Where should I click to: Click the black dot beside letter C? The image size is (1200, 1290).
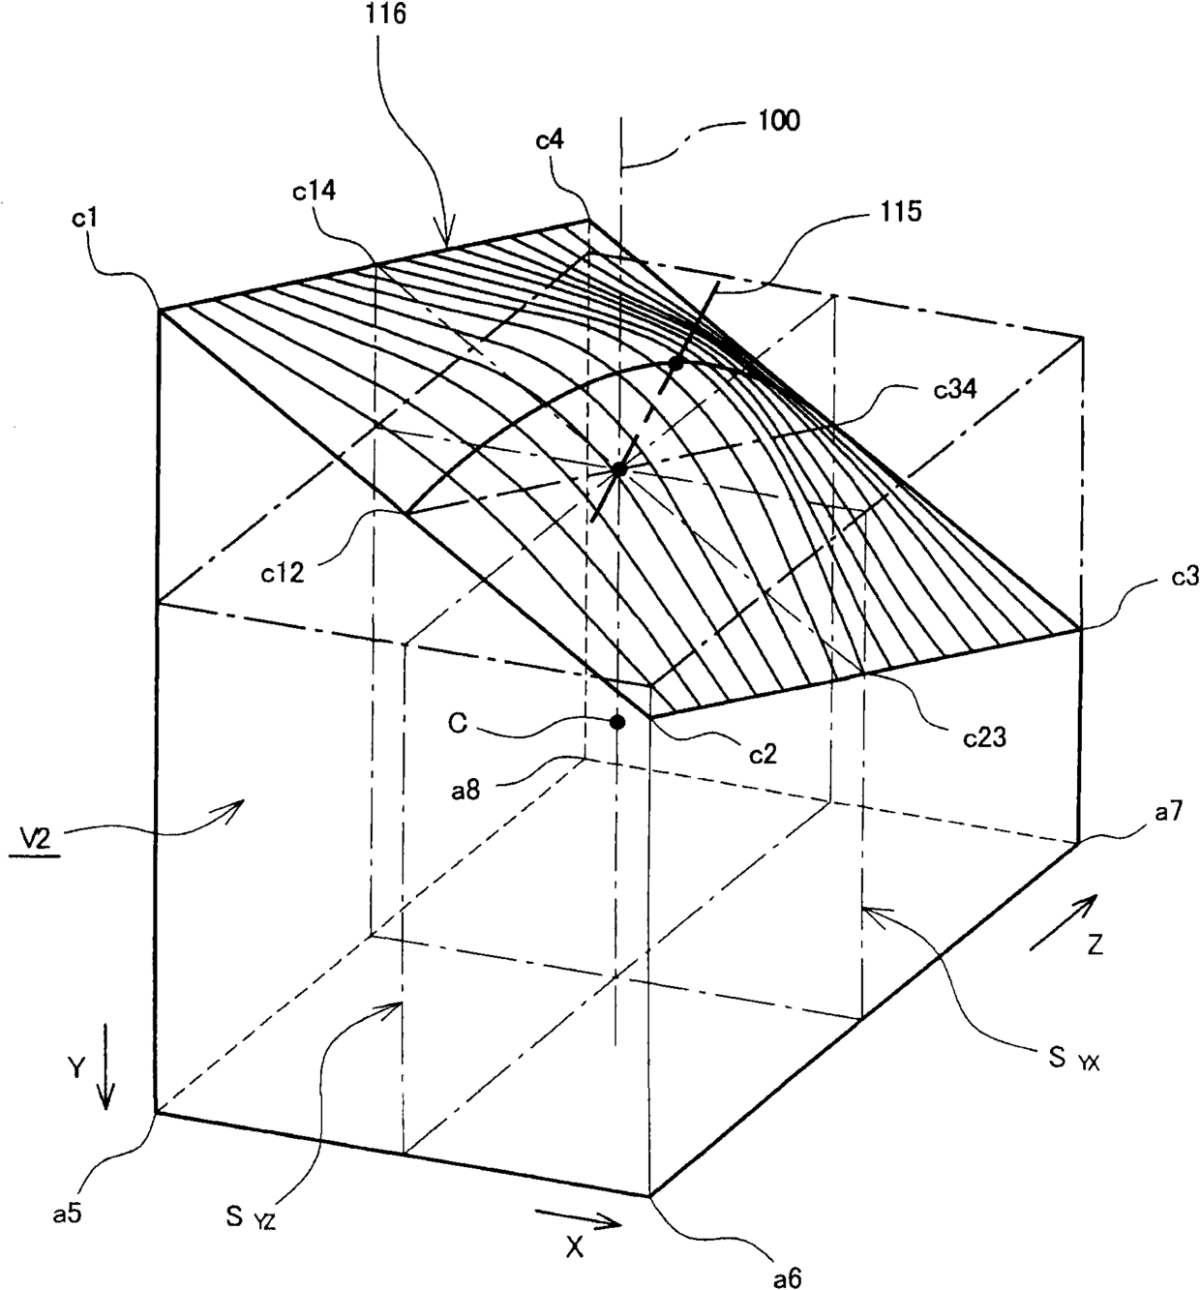coord(616,721)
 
